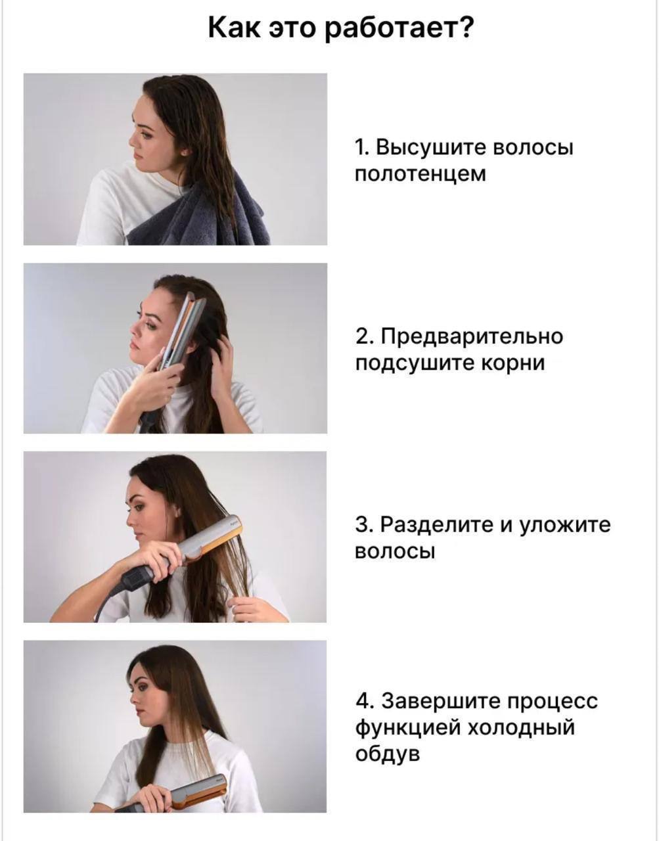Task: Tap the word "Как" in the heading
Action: (x=234, y=28)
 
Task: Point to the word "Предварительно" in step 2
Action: (x=472, y=336)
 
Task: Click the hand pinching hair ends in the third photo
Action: (x=252, y=607)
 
